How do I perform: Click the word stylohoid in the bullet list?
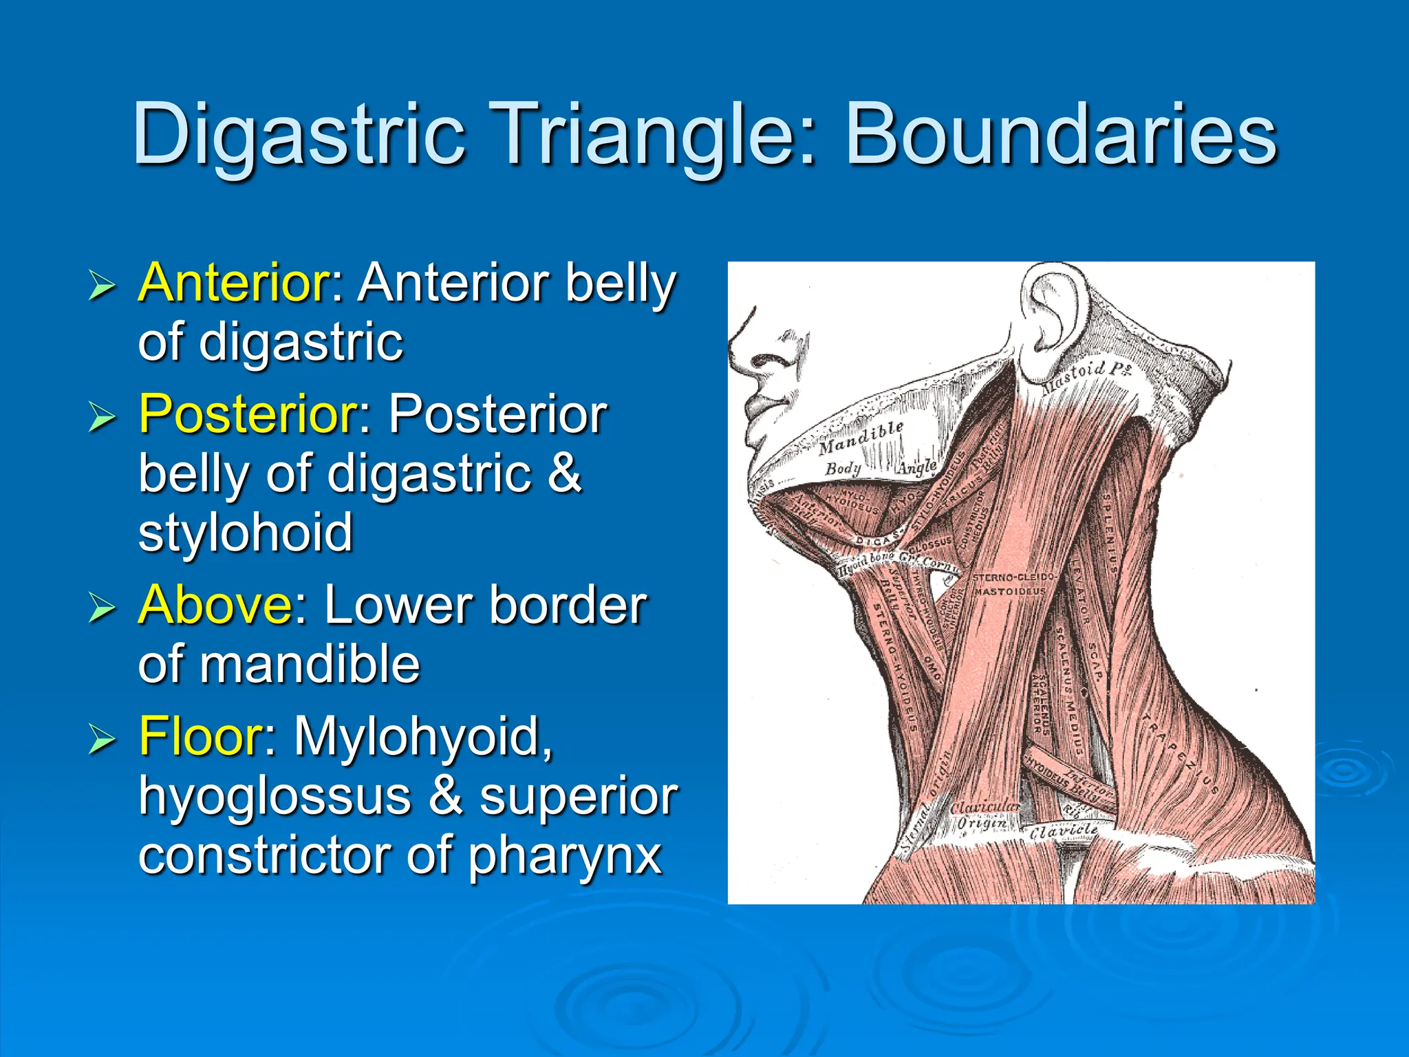pos(246,533)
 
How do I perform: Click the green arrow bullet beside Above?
pos(102,608)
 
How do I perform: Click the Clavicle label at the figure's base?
pos(1063,831)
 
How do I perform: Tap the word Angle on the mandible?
pos(917,467)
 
